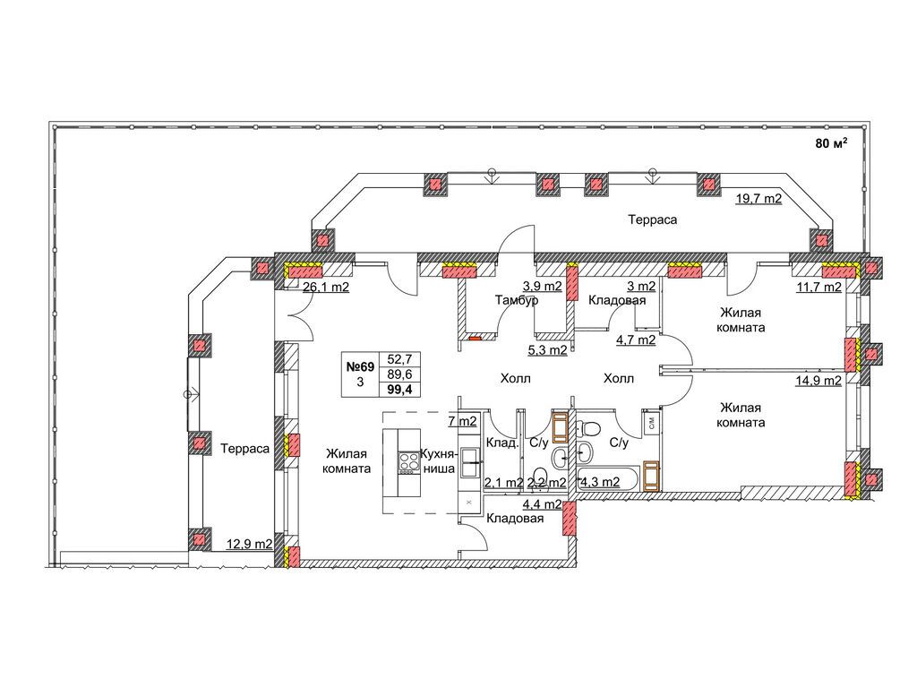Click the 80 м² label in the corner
pos(832,143)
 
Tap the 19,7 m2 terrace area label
pos(758,199)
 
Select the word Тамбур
pos(517,300)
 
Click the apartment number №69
pos(360,366)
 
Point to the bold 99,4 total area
pos(400,390)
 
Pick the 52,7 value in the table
pos(400,360)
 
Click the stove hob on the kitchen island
pos(408,463)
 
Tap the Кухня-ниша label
pos(437,461)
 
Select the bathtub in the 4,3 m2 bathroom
pos(607,478)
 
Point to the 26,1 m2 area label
pos(326,288)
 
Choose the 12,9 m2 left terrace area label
pos(250,544)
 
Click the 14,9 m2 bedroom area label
pos(818,381)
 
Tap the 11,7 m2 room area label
pos(818,288)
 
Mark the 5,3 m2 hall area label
pos(548,351)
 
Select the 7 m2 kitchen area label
pos(462,421)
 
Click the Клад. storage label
pos(502,443)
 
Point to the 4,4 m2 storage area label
pos(542,504)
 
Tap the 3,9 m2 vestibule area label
pos(542,287)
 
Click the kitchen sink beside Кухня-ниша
pos(469,462)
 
